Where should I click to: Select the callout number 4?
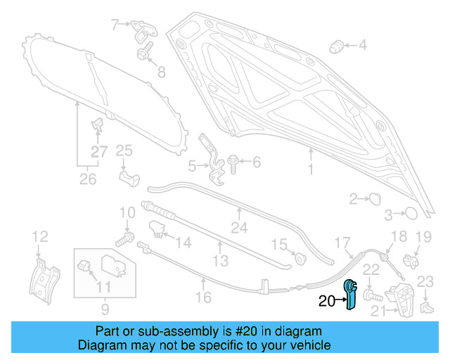click(362, 46)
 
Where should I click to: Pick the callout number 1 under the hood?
click(309, 171)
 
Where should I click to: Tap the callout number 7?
click(116, 25)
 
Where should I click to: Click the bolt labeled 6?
click(234, 163)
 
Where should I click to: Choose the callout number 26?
click(87, 179)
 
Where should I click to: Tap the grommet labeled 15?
click(300, 257)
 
